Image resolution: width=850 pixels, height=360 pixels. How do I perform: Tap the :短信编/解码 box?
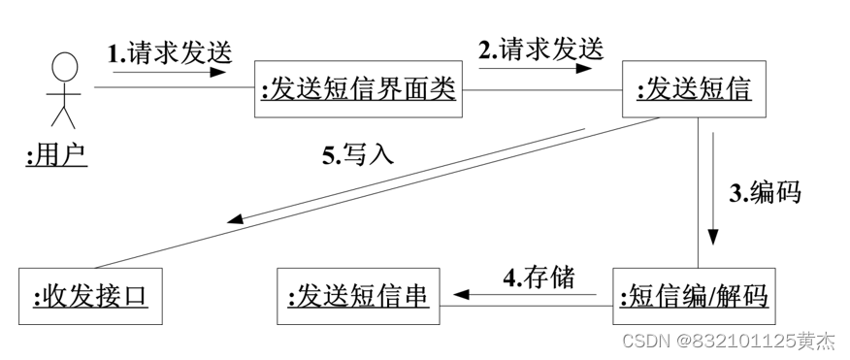[693, 294]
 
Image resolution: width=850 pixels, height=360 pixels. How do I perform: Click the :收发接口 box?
[90, 294]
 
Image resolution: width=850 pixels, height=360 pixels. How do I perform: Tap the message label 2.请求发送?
[539, 48]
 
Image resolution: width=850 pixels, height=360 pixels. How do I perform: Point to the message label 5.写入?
[358, 154]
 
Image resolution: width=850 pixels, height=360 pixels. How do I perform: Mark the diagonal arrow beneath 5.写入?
[408, 176]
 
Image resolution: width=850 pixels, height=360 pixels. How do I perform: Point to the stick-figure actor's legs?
[64, 116]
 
